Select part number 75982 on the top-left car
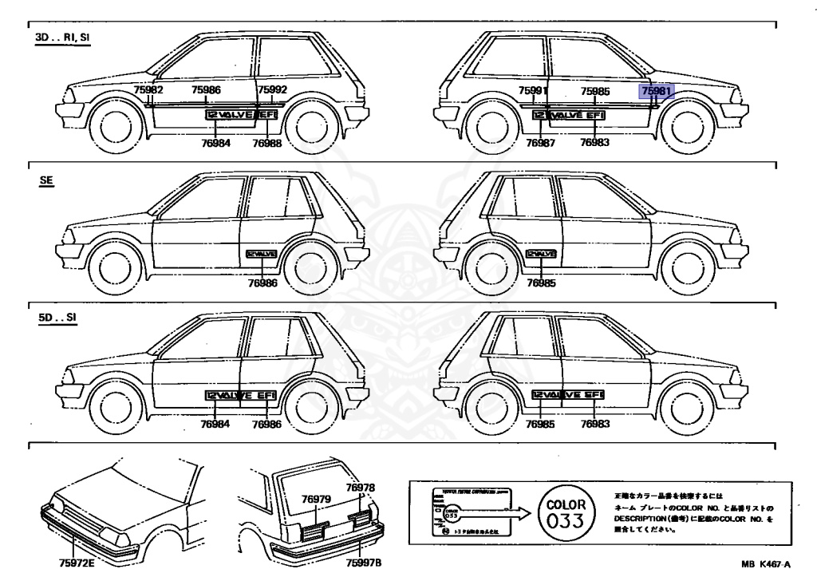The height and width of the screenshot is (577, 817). tap(148, 91)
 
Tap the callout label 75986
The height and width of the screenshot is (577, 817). tap(206, 91)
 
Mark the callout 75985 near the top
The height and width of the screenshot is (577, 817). tap(595, 91)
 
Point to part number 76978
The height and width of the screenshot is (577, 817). tap(360, 488)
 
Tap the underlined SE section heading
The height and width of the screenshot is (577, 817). tap(45, 181)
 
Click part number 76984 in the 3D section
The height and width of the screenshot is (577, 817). tap(215, 143)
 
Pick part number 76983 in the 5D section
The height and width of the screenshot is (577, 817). tap(595, 424)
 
